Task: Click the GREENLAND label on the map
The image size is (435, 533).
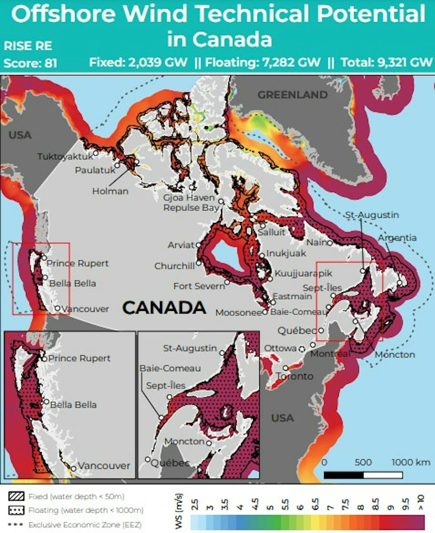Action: pyautogui.click(x=292, y=94)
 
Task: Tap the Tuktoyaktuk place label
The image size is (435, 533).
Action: pyautogui.click(x=65, y=156)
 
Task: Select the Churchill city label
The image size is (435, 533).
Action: pyautogui.click(x=174, y=266)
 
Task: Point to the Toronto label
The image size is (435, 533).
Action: pyautogui.click(x=294, y=376)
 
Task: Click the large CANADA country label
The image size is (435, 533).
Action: pyautogui.click(x=164, y=308)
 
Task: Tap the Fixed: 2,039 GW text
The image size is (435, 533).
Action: pyautogui.click(x=138, y=62)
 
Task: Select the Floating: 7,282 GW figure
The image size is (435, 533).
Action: pyautogui.click(x=263, y=62)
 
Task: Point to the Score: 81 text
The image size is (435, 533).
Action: pyautogui.click(x=30, y=63)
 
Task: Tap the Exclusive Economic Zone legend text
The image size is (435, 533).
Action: pyautogui.click(x=85, y=525)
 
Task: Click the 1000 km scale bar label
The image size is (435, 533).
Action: pyautogui.click(x=411, y=462)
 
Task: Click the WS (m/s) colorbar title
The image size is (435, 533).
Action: pyautogui.click(x=178, y=512)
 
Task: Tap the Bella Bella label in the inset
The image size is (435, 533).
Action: pyautogui.click(x=73, y=405)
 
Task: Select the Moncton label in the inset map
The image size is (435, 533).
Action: pyautogui.click(x=184, y=441)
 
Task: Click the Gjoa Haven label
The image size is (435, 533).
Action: pyautogui.click(x=189, y=198)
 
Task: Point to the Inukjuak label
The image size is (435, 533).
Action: pyautogui.click(x=286, y=253)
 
